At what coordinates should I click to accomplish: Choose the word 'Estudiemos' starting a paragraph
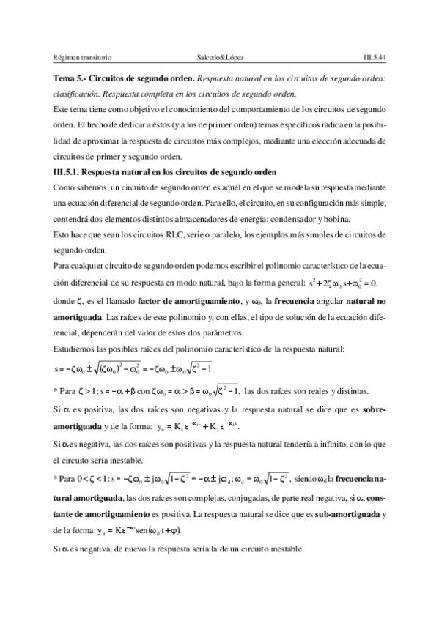click(x=67, y=349)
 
